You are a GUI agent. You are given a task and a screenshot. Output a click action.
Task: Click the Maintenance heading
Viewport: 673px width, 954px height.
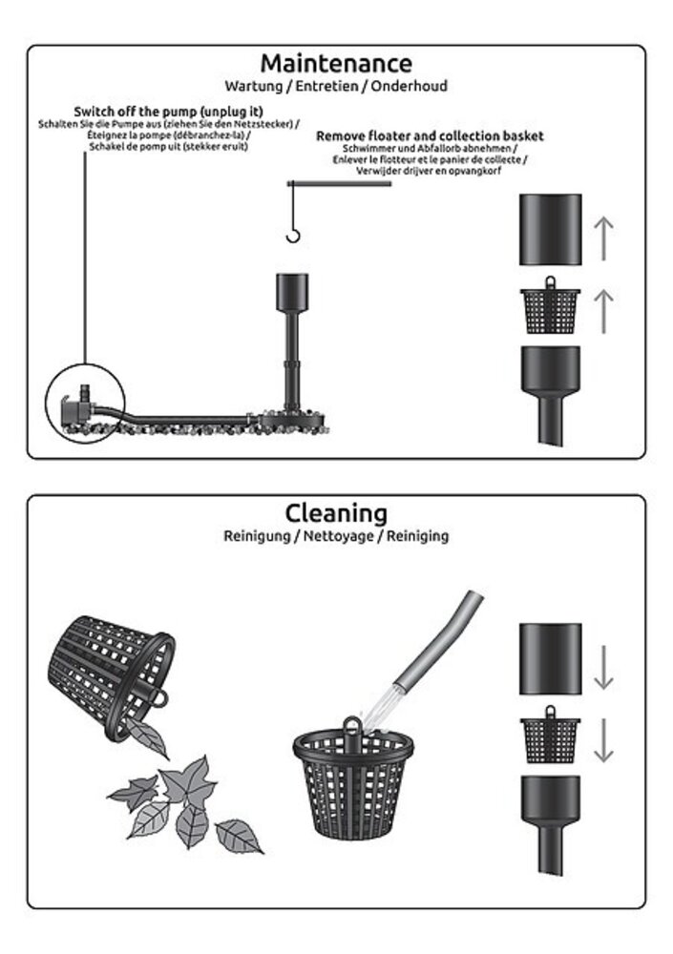(336, 63)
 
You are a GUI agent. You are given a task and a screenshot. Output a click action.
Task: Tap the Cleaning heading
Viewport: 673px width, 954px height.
(336, 514)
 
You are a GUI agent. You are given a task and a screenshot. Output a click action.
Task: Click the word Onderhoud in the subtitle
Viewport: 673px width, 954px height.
(410, 86)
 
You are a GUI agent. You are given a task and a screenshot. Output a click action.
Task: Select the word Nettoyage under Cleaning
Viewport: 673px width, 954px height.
(338, 536)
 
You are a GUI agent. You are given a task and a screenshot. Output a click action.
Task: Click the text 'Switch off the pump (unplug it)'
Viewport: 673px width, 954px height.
(169, 112)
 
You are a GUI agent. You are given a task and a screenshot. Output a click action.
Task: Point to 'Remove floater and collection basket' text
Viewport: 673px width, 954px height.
(430, 136)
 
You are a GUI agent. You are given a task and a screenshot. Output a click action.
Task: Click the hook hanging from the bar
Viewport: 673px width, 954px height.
(294, 236)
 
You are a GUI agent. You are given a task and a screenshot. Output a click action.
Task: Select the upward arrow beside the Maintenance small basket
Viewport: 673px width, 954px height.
(603, 311)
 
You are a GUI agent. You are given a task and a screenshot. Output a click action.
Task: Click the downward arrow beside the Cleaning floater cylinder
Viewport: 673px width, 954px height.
(603, 668)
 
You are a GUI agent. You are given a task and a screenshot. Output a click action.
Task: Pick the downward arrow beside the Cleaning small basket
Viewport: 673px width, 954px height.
(603, 740)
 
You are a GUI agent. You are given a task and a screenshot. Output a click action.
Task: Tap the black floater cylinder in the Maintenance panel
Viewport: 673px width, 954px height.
(551, 230)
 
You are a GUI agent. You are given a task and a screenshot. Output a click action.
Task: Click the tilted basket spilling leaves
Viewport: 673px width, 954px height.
(111, 675)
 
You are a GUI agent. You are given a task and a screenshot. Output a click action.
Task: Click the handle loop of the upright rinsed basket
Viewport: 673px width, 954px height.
(352, 726)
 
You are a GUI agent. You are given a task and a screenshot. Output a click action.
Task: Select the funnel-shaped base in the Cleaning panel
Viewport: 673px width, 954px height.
(551, 823)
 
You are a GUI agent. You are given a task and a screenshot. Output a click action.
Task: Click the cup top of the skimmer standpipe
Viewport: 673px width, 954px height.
(292, 292)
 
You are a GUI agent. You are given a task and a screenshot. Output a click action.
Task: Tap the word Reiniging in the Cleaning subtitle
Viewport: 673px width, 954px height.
(418, 536)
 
